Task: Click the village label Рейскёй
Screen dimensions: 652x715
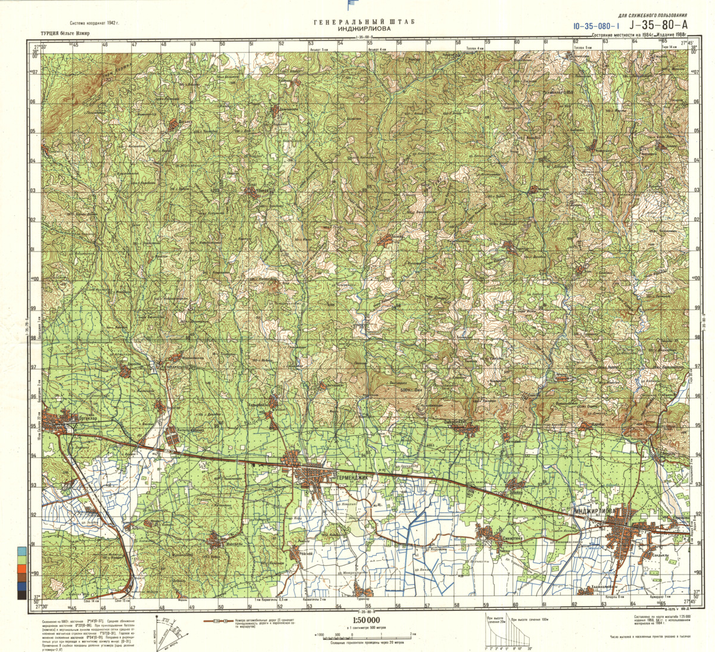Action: click(x=306, y=554)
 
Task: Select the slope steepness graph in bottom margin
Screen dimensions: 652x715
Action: click(x=508, y=632)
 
